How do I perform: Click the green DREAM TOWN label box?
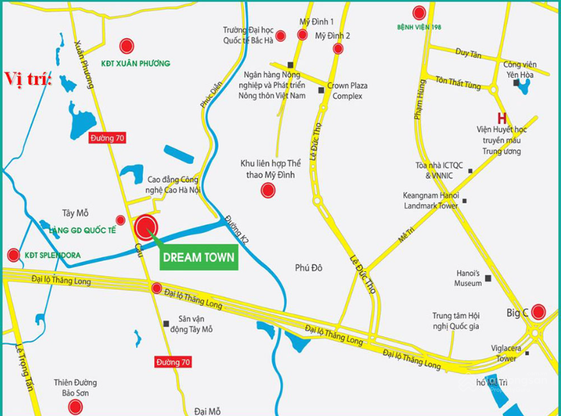pyautogui.click(x=199, y=257)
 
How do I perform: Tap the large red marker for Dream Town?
pyautogui.click(x=146, y=227)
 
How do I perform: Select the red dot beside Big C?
pyautogui.click(x=538, y=311)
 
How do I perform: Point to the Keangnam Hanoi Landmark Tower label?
pyautogui.click(x=430, y=201)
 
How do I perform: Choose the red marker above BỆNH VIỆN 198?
pyautogui.click(x=419, y=13)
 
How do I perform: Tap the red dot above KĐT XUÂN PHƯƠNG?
pyautogui.click(x=126, y=46)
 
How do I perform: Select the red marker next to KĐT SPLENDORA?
pyautogui.click(x=13, y=255)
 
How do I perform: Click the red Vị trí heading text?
pyautogui.click(x=28, y=77)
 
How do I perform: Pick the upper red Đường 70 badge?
pyautogui.click(x=107, y=138)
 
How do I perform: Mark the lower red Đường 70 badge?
pyautogui.click(x=173, y=362)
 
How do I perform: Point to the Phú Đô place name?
pyautogui.click(x=309, y=267)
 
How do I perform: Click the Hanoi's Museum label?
pyautogui.click(x=468, y=279)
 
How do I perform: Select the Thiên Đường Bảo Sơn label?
pyautogui.click(x=75, y=388)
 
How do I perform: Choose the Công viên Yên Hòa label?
pyautogui.click(x=520, y=69)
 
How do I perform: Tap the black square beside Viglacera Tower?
pyautogui.click(x=527, y=353)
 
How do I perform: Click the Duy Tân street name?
pyautogui.click(x=468, y=54)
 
